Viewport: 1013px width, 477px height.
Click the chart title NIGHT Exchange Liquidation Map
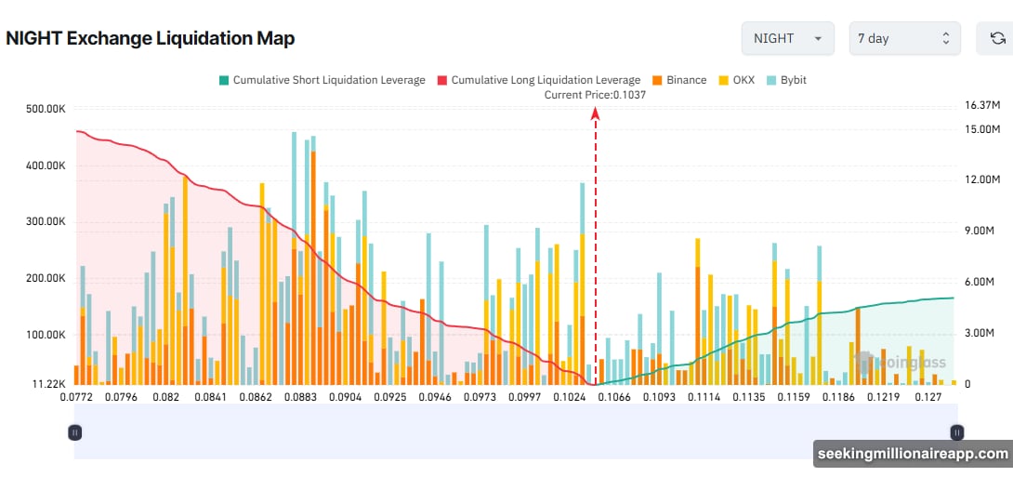pyautogui.click(x=150, y=38)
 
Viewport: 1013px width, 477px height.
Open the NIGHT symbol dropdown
pyautogui.click(x=787, y=38)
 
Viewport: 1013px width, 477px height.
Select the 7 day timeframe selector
pyautogui.click(x=904, y=38)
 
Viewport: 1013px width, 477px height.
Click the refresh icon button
pyautogui.click(x=997, y=38)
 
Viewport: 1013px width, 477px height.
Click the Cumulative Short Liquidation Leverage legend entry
pyautogui.click(x=322, y=80)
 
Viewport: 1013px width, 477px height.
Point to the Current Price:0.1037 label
pyautogui.click(x=595, y=94)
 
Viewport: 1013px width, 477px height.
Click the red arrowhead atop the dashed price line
pyautogui.click(x=595, y=112)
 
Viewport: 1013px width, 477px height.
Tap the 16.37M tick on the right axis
pyautogui.click(x=981, y=105)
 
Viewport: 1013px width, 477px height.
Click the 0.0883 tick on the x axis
pyautogui.click(x=299, y=398)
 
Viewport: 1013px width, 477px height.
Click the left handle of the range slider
pyautogui.click(x=75, y=431)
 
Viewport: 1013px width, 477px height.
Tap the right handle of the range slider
pyautogui.click(x=956, y=431)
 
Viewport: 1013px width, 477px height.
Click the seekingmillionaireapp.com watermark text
pyautogui.click(x=913, y=454)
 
